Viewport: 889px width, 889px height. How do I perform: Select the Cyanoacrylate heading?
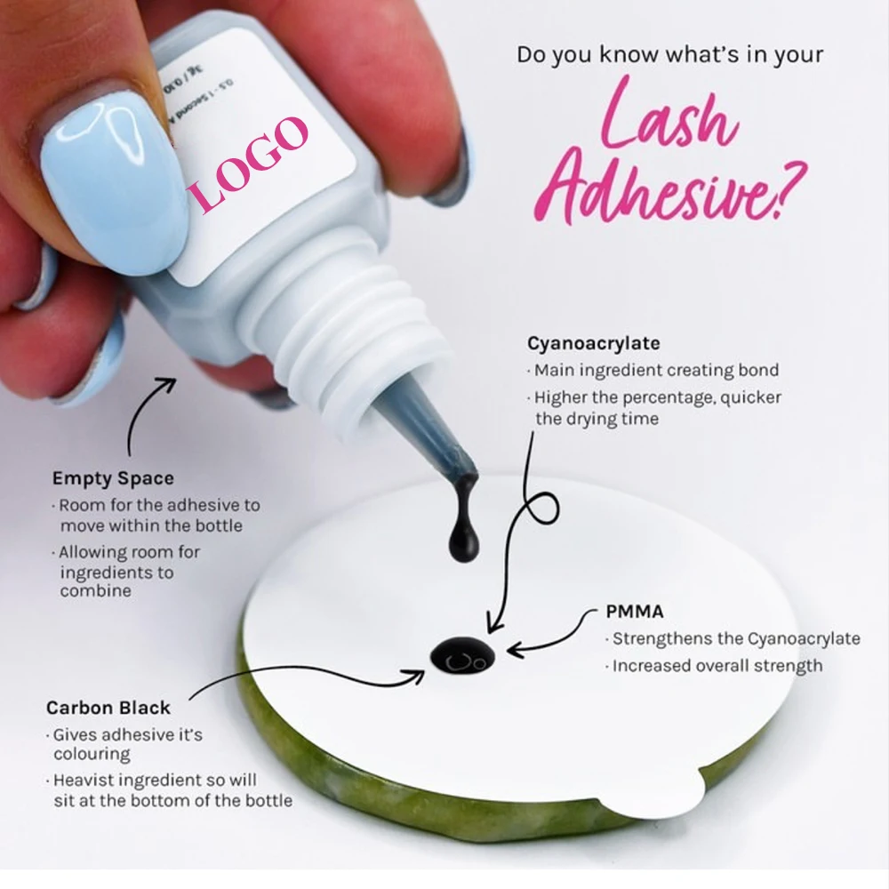594,343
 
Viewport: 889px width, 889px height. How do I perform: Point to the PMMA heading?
635,612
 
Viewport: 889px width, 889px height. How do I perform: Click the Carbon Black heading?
108,708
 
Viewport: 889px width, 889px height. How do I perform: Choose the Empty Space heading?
113,478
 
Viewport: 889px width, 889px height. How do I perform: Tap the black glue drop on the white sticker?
462,656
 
